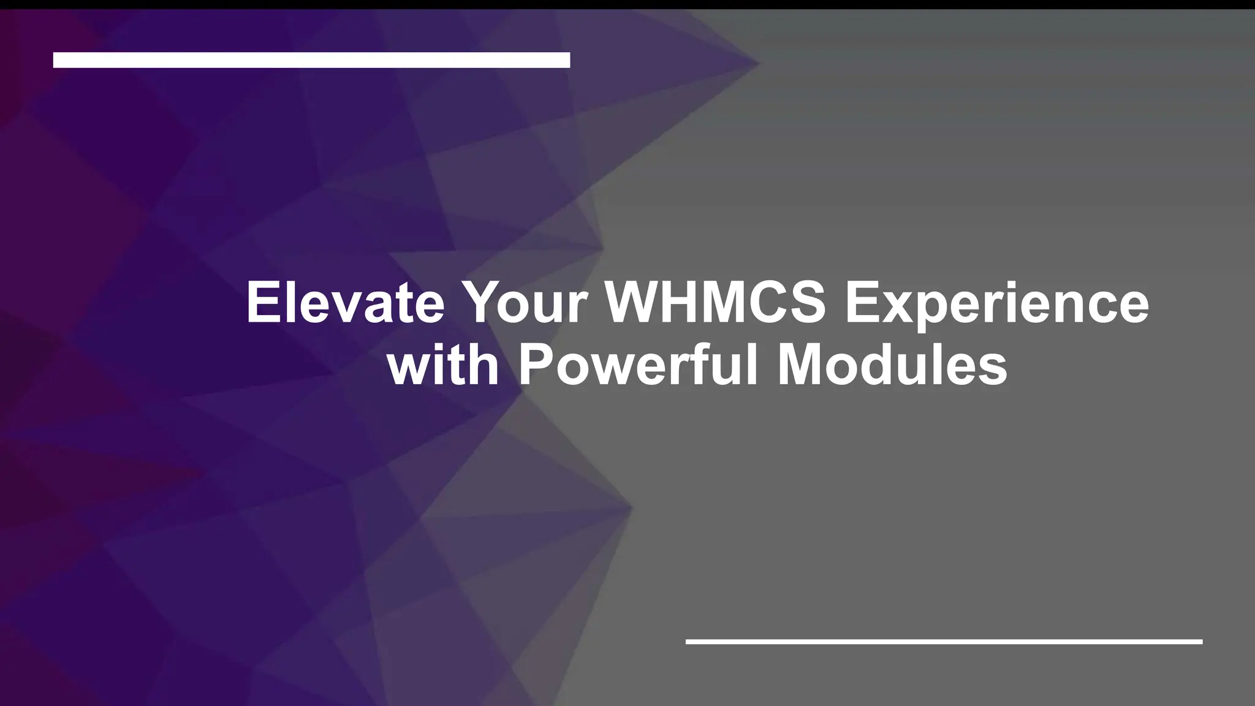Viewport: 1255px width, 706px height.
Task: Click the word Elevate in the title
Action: (345, 303)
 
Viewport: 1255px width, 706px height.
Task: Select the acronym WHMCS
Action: (716, 303)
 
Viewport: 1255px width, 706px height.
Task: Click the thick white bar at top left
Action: (311, 60)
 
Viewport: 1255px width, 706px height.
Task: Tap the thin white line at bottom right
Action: (944, 642)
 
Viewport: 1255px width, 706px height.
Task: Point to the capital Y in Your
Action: (482, 303)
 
